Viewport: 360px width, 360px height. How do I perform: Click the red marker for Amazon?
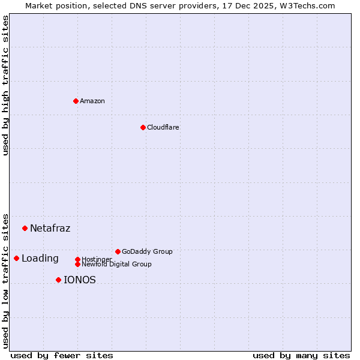[76, 101]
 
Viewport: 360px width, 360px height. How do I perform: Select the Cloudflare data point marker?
[143, 127]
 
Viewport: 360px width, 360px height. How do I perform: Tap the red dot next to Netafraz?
[25, 228]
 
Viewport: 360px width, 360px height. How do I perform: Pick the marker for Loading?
[16, 258]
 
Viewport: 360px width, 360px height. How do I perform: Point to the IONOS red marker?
[58, 280]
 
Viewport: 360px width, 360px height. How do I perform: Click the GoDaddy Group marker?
[118, 251]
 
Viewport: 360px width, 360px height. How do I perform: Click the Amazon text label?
[92, 101]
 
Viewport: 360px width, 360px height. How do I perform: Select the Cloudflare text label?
[163, 127]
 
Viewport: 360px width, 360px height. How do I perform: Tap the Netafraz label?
[50, 228]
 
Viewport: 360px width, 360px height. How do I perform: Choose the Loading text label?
[40, 259]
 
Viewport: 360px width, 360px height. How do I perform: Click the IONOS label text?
[80, 280]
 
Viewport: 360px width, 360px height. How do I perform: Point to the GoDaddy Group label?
[147, 251]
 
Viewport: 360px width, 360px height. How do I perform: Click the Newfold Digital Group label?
[116, 264]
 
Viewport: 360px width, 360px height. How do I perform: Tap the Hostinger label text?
[97, 259]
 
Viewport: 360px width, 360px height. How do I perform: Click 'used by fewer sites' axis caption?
[62, 355]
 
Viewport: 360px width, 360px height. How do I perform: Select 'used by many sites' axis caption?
[301, 355]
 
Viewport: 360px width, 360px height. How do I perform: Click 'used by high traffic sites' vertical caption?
[5, 85]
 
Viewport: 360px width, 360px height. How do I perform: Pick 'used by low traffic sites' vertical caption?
[5, 281]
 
